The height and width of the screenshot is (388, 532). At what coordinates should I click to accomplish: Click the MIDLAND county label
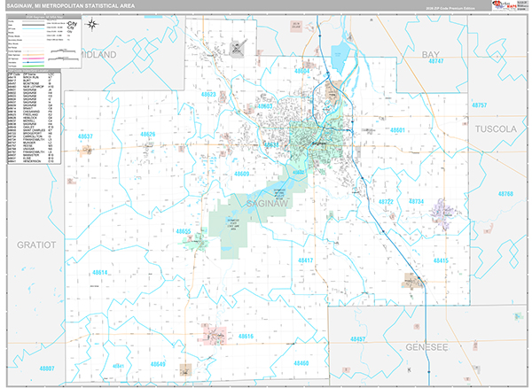point(98,54)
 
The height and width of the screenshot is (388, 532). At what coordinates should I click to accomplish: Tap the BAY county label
point(431,54)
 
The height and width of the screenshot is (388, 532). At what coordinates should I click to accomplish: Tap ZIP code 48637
point(85,137)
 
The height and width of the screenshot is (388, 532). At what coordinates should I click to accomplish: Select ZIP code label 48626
point(147,135)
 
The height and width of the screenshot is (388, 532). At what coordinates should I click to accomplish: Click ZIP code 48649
point(158,364)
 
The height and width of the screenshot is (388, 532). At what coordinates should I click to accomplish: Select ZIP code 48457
point(359,338)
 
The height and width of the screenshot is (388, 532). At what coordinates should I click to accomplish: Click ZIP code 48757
point(480,105)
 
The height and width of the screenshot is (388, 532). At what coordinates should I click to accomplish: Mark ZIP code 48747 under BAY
point(435,63)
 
